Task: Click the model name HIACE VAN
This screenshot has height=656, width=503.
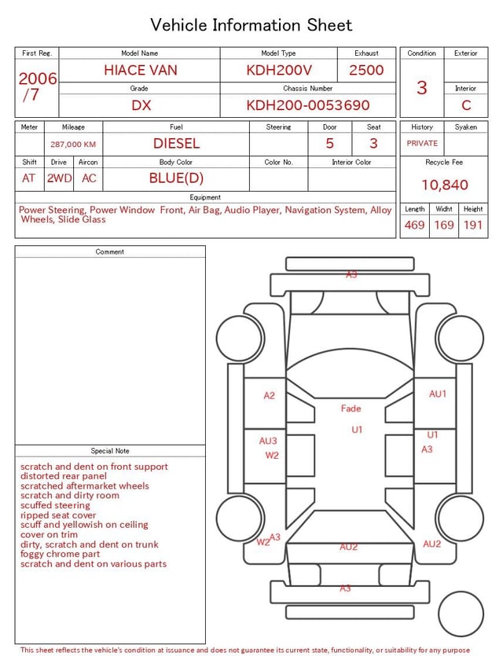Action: (141, 70)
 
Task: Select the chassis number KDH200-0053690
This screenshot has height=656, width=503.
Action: (308, 105)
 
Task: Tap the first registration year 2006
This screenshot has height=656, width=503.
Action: (38, 79)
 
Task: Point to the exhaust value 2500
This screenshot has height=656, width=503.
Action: (366, 70)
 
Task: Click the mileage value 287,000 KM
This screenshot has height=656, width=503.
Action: (73, 145)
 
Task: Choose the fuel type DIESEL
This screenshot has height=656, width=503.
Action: (176, 144)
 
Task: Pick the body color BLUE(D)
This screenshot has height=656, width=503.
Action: (176, 178)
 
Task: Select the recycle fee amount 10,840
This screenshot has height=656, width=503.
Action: (444, 185)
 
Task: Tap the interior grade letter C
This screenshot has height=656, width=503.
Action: (466, 105)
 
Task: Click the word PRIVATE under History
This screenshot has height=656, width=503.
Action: (422, 143)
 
